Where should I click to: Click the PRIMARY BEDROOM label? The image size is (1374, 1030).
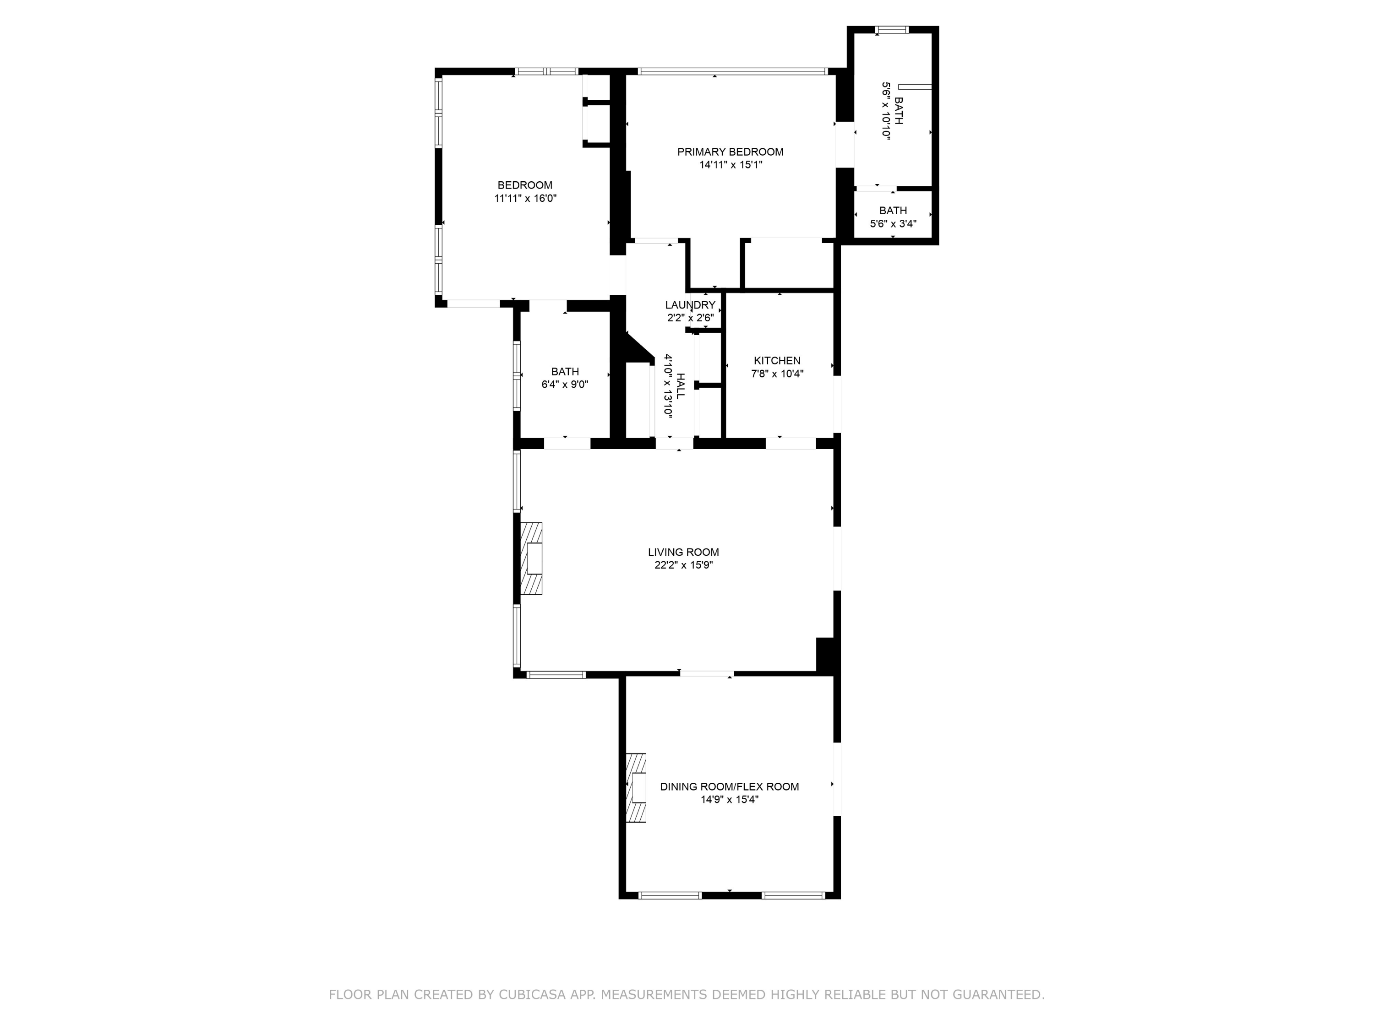point(730,152)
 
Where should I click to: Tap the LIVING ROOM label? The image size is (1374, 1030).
point(683,552)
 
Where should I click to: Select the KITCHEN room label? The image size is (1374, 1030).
point(777,361)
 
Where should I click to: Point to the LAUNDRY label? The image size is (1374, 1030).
point(690,305)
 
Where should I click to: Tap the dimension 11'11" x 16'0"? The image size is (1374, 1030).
point(525,199)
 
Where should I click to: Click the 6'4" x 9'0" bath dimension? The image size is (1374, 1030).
point(565,385)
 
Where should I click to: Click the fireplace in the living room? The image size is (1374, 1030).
point(531,559)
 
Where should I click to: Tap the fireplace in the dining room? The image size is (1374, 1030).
point(636,788)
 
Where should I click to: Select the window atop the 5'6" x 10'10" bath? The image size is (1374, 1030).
point(892,30)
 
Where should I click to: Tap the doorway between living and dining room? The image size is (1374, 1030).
point(707,674)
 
